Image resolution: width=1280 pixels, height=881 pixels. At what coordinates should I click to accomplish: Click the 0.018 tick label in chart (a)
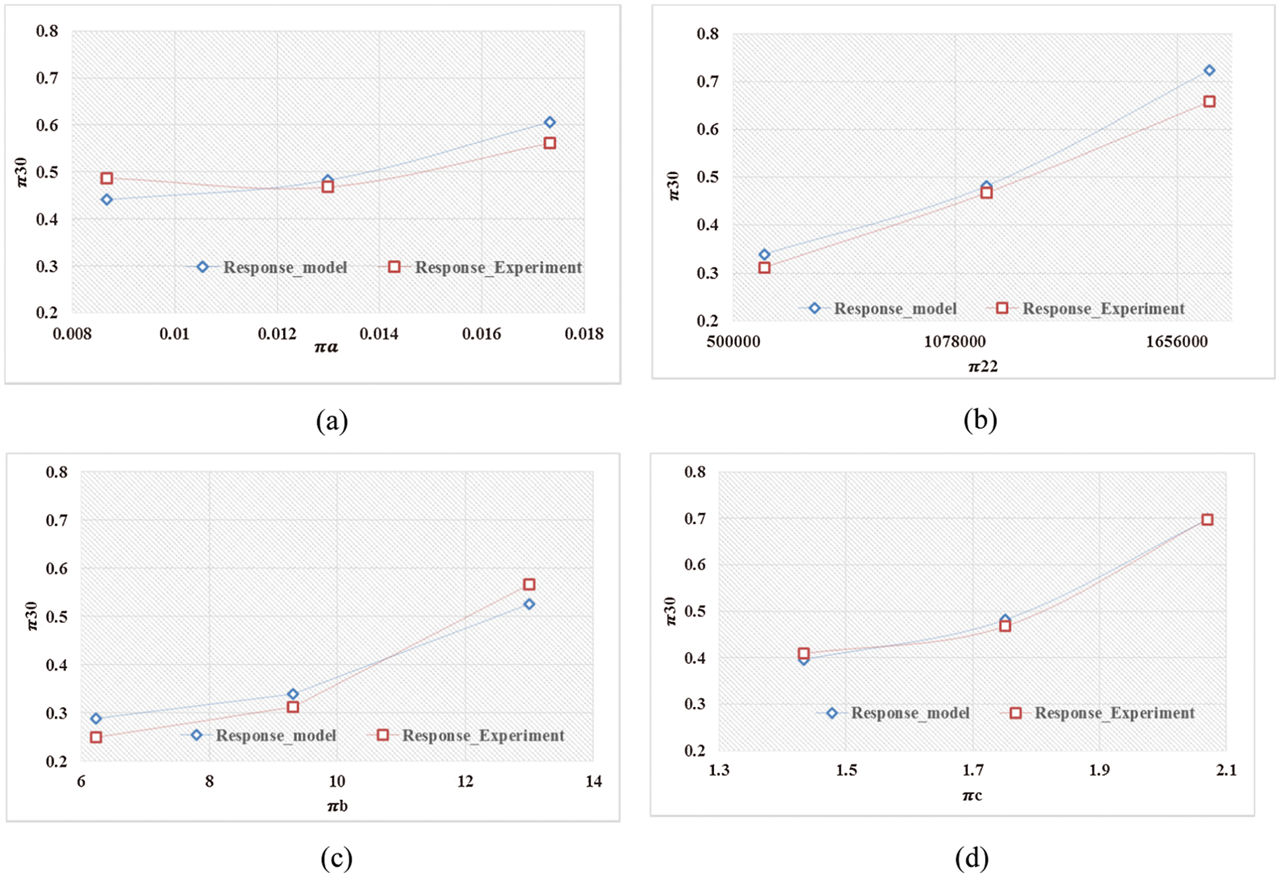(x=584, y=334)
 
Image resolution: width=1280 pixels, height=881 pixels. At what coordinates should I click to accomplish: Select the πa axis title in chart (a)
(x=326, y=347)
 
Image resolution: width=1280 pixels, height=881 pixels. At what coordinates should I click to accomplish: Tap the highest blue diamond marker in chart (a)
(x=550, y=122)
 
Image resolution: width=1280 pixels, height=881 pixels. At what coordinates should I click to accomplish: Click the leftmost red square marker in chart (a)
(x=107, y=178)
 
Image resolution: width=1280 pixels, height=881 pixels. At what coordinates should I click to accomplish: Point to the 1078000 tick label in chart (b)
(x=955, y=342)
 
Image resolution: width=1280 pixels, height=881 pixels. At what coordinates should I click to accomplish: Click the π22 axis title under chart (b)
(x=982, y=366)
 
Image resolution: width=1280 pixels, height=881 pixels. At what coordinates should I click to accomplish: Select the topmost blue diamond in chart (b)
(x=1209, y=71)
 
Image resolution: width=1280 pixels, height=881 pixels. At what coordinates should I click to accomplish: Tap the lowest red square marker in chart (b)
(x=764, y=268)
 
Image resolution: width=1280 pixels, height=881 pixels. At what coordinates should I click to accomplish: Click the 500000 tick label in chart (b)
(x=733, y=342)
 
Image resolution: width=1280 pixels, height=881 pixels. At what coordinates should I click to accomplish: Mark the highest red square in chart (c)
(x=529, y=584)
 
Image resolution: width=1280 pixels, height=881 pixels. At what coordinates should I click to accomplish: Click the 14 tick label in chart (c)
(x=593, y=781)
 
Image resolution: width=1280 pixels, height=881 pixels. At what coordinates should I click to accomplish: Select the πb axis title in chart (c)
(x=337, y=806)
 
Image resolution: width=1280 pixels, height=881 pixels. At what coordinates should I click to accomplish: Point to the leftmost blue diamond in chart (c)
(x=96, y=719)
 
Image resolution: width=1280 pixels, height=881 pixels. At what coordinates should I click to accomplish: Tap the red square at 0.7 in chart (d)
(x=1207, y=520)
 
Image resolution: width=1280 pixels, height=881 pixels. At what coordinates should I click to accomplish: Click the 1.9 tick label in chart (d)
(x=1099, y=770)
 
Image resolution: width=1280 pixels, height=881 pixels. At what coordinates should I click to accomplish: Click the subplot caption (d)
(x=972, y=859)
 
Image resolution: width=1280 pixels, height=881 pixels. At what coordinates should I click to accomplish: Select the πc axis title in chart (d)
(x=972, y=796)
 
